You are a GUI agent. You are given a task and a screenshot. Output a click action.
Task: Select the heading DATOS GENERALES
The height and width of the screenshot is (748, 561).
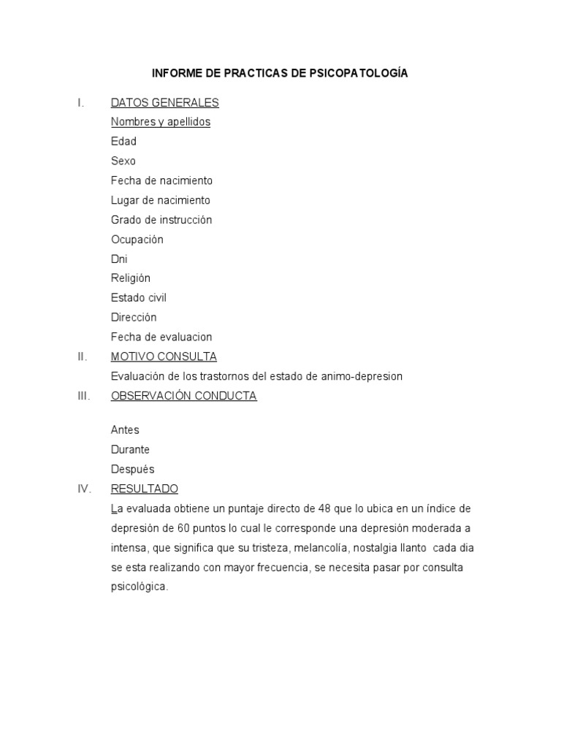coord(164,102)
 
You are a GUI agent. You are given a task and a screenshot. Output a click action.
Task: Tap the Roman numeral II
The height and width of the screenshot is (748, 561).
coord(82,356)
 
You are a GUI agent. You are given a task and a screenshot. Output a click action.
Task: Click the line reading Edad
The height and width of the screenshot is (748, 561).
coord(123,141)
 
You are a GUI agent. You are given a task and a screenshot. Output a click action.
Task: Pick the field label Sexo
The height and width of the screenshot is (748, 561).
coord(123,161)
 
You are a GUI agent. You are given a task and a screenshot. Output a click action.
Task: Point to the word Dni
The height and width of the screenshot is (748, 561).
coord(119,259)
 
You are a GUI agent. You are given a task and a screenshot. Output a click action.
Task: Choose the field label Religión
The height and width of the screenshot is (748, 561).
coord(131,278)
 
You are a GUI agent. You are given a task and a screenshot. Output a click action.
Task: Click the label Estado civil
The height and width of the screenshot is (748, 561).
coord(139,298)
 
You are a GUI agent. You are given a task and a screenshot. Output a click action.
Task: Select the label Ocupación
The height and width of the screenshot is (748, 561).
coord(137,239)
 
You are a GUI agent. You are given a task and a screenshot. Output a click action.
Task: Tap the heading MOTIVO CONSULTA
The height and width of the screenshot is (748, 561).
coord(164,356)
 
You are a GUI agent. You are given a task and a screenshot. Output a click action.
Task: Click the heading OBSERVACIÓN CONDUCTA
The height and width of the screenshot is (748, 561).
coord(183,396)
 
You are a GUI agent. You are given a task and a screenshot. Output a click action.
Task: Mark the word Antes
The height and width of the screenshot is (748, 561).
coord(125,430)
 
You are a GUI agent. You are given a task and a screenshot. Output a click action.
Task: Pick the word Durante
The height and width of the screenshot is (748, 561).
coord(130,449)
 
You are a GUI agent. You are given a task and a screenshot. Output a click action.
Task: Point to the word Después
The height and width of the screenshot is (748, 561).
coord(132,469)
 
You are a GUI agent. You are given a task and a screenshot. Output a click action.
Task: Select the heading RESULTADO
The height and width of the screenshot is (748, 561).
coord(144,489)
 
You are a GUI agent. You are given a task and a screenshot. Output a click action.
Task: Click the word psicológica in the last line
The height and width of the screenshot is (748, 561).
coord(140,587)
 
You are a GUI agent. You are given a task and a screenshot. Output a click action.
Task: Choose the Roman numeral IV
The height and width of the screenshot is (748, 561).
coord(83,489)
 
